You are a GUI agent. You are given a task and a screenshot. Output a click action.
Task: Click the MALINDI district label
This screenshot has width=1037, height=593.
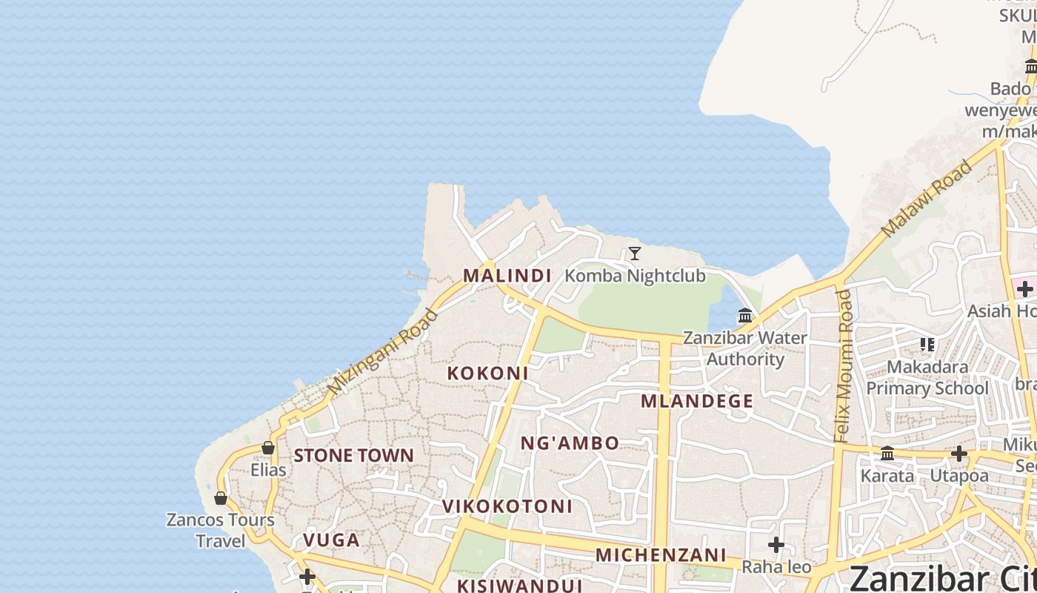(x=507, y=276)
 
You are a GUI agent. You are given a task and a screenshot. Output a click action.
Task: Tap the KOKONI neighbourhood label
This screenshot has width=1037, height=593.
(x=487, y=373)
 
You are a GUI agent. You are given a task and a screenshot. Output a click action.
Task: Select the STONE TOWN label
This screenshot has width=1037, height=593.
(x=353, y=455)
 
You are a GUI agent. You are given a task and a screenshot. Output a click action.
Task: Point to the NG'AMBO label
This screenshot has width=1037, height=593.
(x=570, y=443)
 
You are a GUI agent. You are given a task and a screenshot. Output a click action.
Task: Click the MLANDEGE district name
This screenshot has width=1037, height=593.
(x=696, y=402)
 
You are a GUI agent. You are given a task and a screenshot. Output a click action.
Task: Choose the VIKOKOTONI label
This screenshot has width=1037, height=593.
(x=507, y=506)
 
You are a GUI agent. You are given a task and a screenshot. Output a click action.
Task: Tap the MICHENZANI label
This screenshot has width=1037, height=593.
(x=661, y=554)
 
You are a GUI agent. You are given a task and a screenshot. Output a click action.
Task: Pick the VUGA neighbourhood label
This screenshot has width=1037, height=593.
(x=331, y=540)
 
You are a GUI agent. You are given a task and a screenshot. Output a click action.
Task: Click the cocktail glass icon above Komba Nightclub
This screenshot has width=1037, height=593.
(x=635, y=254)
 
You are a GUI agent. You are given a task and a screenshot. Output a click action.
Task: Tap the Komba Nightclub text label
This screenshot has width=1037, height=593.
(x=635, y=276)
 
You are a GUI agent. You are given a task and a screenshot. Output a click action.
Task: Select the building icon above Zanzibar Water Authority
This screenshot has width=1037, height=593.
(x=745, y=316)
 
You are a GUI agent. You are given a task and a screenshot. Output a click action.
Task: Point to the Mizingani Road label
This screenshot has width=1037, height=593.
(x=382, y=352)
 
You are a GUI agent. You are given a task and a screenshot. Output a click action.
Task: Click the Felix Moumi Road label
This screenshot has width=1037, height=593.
(x=844, y=366)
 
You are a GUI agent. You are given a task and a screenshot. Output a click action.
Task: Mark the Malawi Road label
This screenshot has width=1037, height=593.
(x=927, y=199)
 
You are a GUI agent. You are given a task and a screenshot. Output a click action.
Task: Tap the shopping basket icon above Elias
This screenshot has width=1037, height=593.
(x=268, y=448)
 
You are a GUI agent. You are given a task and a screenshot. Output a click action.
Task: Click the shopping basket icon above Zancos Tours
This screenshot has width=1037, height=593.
(x=221, y=498)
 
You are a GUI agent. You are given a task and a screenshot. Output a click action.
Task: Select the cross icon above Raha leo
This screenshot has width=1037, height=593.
(x=776, y=545)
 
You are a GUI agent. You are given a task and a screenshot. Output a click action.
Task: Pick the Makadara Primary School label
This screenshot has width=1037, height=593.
(x=927, y=377)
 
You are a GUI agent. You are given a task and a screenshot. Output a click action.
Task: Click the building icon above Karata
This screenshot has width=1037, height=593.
(x=887, y=454)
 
